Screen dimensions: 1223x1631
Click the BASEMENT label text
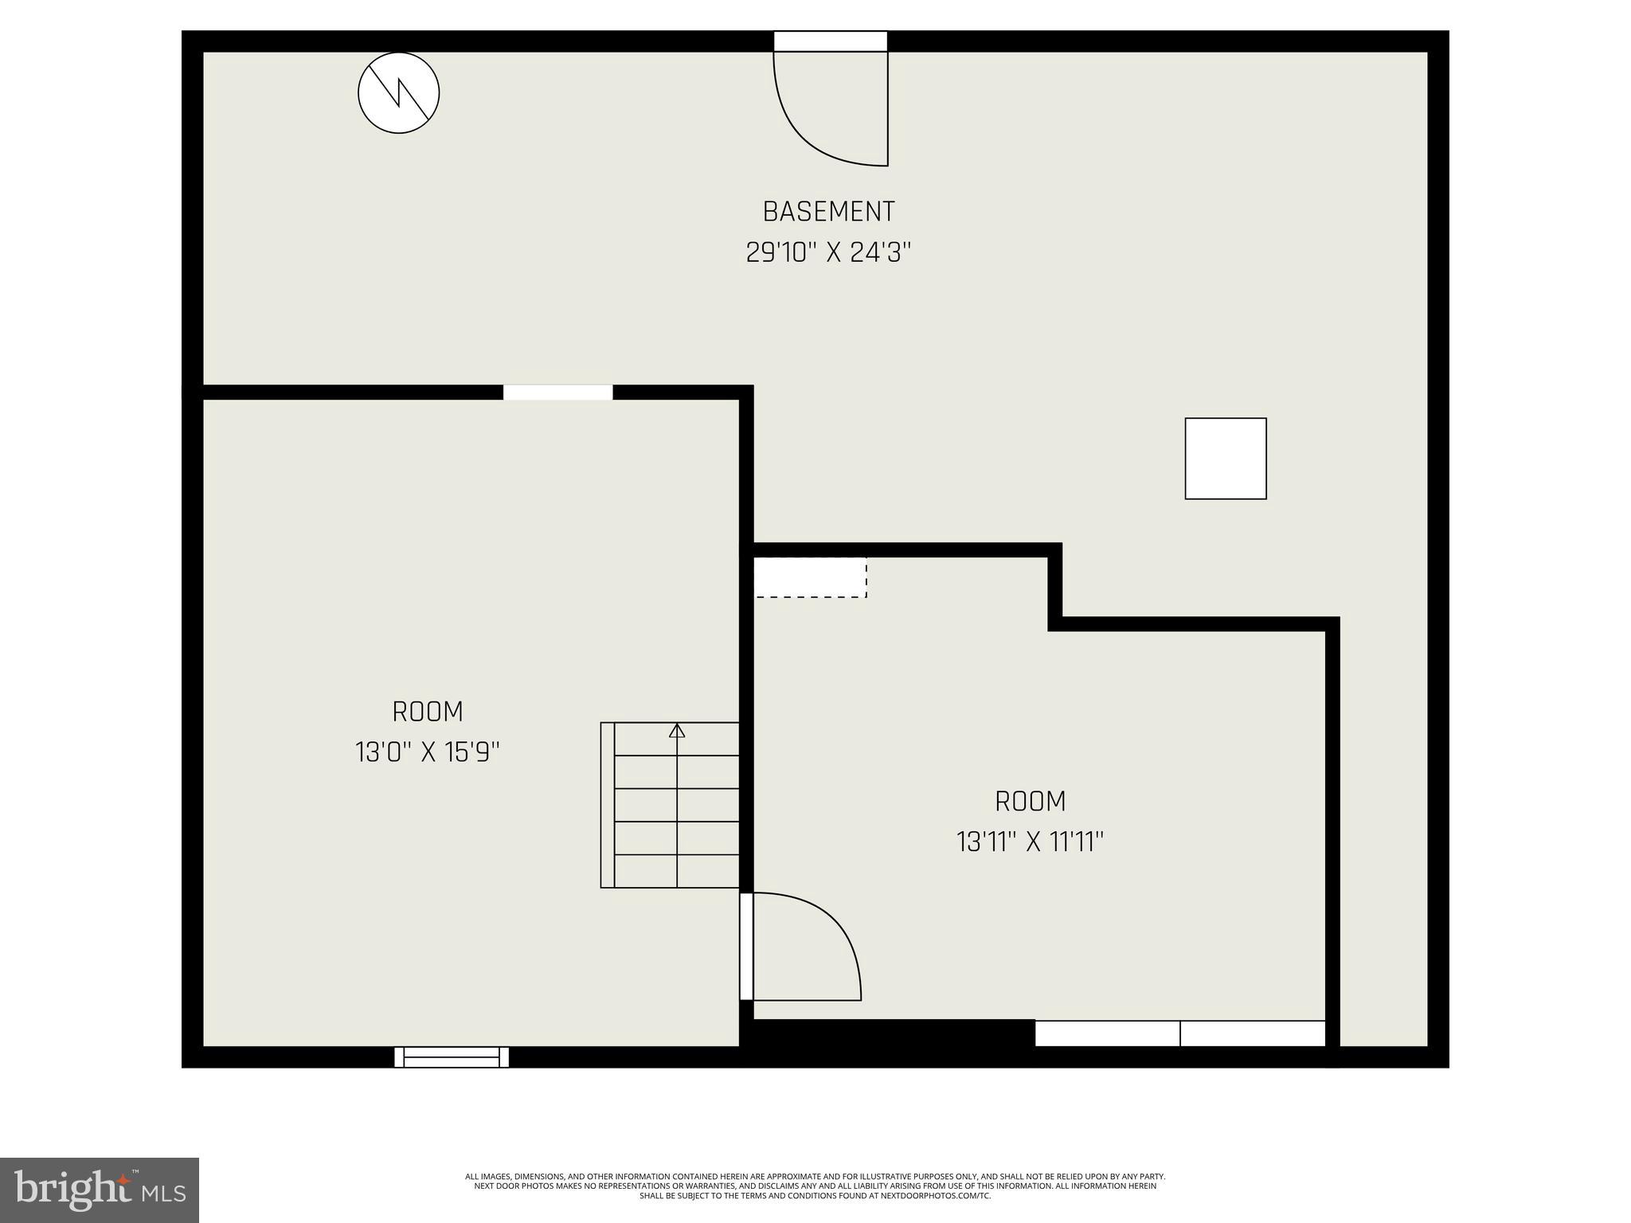point(828,212)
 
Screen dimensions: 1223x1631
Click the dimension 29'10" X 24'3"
point(828,253)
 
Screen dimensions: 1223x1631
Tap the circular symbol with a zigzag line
point(398,92)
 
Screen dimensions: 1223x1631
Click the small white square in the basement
point(1225,459)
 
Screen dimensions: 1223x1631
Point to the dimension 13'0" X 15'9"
point(428,752)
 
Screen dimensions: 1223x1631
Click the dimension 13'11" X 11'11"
point(1030,842)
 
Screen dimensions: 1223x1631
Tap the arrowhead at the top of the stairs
point(677,730)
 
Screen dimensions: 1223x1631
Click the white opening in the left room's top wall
point(557,393)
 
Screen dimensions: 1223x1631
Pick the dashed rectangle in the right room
point(810,577)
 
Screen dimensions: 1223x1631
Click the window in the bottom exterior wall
point(452,1057)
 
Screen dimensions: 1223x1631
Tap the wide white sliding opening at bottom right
point(1179,1033)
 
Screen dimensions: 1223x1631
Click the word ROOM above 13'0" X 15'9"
point(428,711)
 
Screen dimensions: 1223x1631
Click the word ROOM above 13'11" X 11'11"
point(1030,801)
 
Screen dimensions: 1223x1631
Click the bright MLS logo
point(100,1190)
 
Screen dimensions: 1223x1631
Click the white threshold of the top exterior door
point(830,41)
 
